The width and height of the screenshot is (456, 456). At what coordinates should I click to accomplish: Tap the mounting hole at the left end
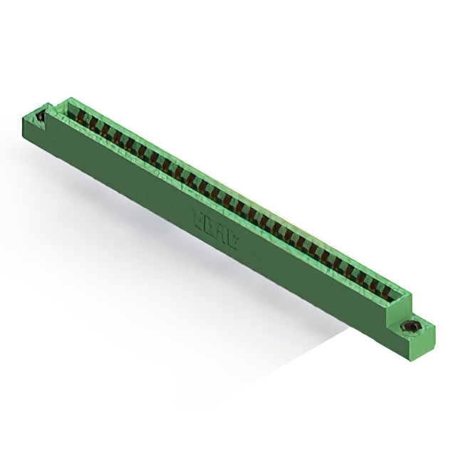(x=41, y=115)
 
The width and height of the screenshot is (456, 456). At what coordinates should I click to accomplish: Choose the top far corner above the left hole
(x=39, y=105)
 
